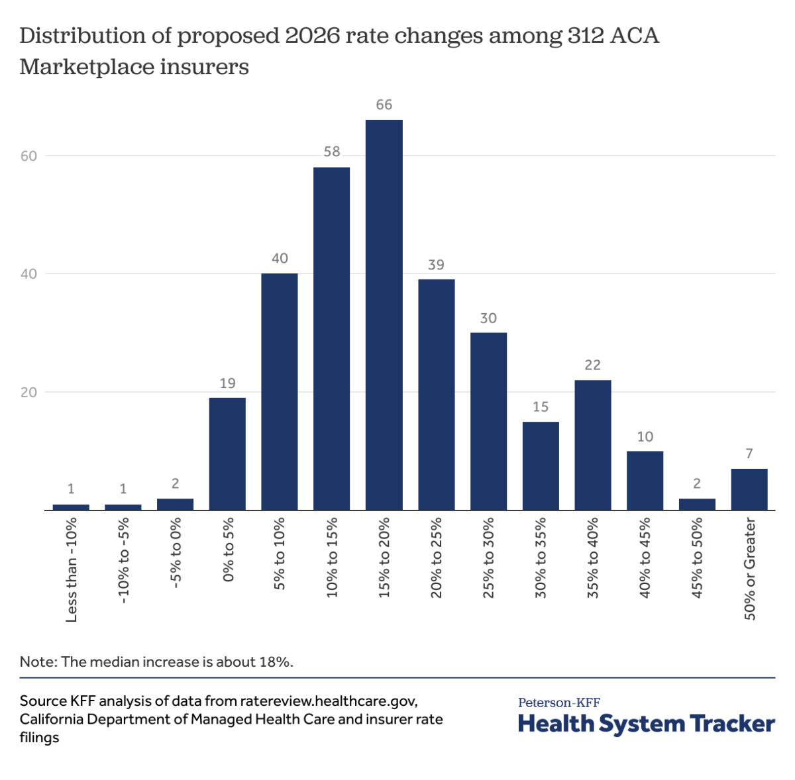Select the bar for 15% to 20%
[384, 315]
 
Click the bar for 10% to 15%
[331, 338]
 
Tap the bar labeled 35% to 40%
[592, 444]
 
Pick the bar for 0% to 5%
[227, 454]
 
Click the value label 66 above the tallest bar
[384, 105]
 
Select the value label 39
[436, 265]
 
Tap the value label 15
[541, 407]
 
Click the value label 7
[749, 454]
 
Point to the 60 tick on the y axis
[28, 156]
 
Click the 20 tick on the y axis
[28, 393]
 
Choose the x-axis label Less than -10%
[72, 569]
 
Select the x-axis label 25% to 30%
[489, 558]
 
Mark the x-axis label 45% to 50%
[697, 558]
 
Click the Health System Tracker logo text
[646, 724]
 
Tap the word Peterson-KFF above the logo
[558, 703]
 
